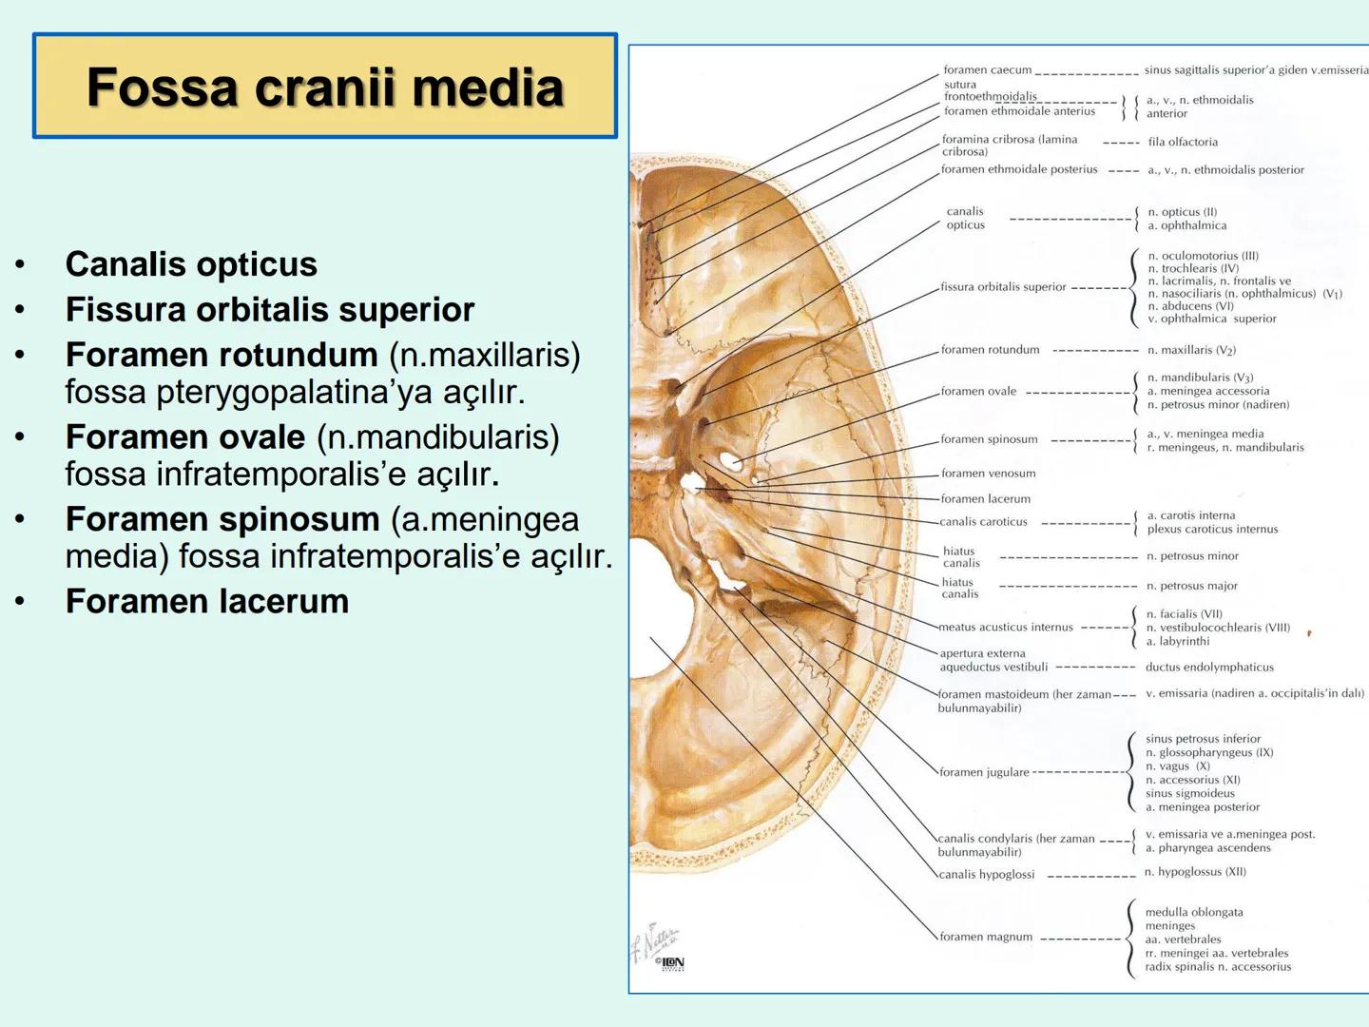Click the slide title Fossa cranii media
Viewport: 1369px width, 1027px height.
tap(325, 87)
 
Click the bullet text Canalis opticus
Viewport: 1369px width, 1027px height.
tap(191, 264)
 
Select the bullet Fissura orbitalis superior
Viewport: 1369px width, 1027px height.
tap(270, 310)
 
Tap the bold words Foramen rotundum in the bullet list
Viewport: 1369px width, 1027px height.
tap(222, 355)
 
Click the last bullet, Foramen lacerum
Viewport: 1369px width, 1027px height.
tap(207, 601)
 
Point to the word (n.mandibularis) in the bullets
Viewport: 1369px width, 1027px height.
tap(438, 437)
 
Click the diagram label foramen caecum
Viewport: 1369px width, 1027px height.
tap(987, 70)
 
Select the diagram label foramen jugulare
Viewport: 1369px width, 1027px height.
tap(984, 772)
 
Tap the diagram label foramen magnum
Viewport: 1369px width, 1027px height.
tap(986, 937)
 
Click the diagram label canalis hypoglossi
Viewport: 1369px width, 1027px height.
tap(987, 875)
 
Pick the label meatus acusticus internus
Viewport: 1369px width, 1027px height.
tap(1006, 628)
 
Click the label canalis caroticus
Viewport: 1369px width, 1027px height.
tap(984, 522)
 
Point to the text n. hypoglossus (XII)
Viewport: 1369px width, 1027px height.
tap(1195, 872)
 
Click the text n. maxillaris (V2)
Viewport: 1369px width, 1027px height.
tap(1191, 350)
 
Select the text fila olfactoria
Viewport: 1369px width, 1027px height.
tap(1183, 143)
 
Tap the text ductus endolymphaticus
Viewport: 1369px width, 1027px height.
tap(1209, 668)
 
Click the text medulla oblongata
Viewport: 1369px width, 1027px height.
tap(1194, 913)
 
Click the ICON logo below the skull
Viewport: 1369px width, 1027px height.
tap(671, 963)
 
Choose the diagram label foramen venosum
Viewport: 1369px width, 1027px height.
tap(988, 474)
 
